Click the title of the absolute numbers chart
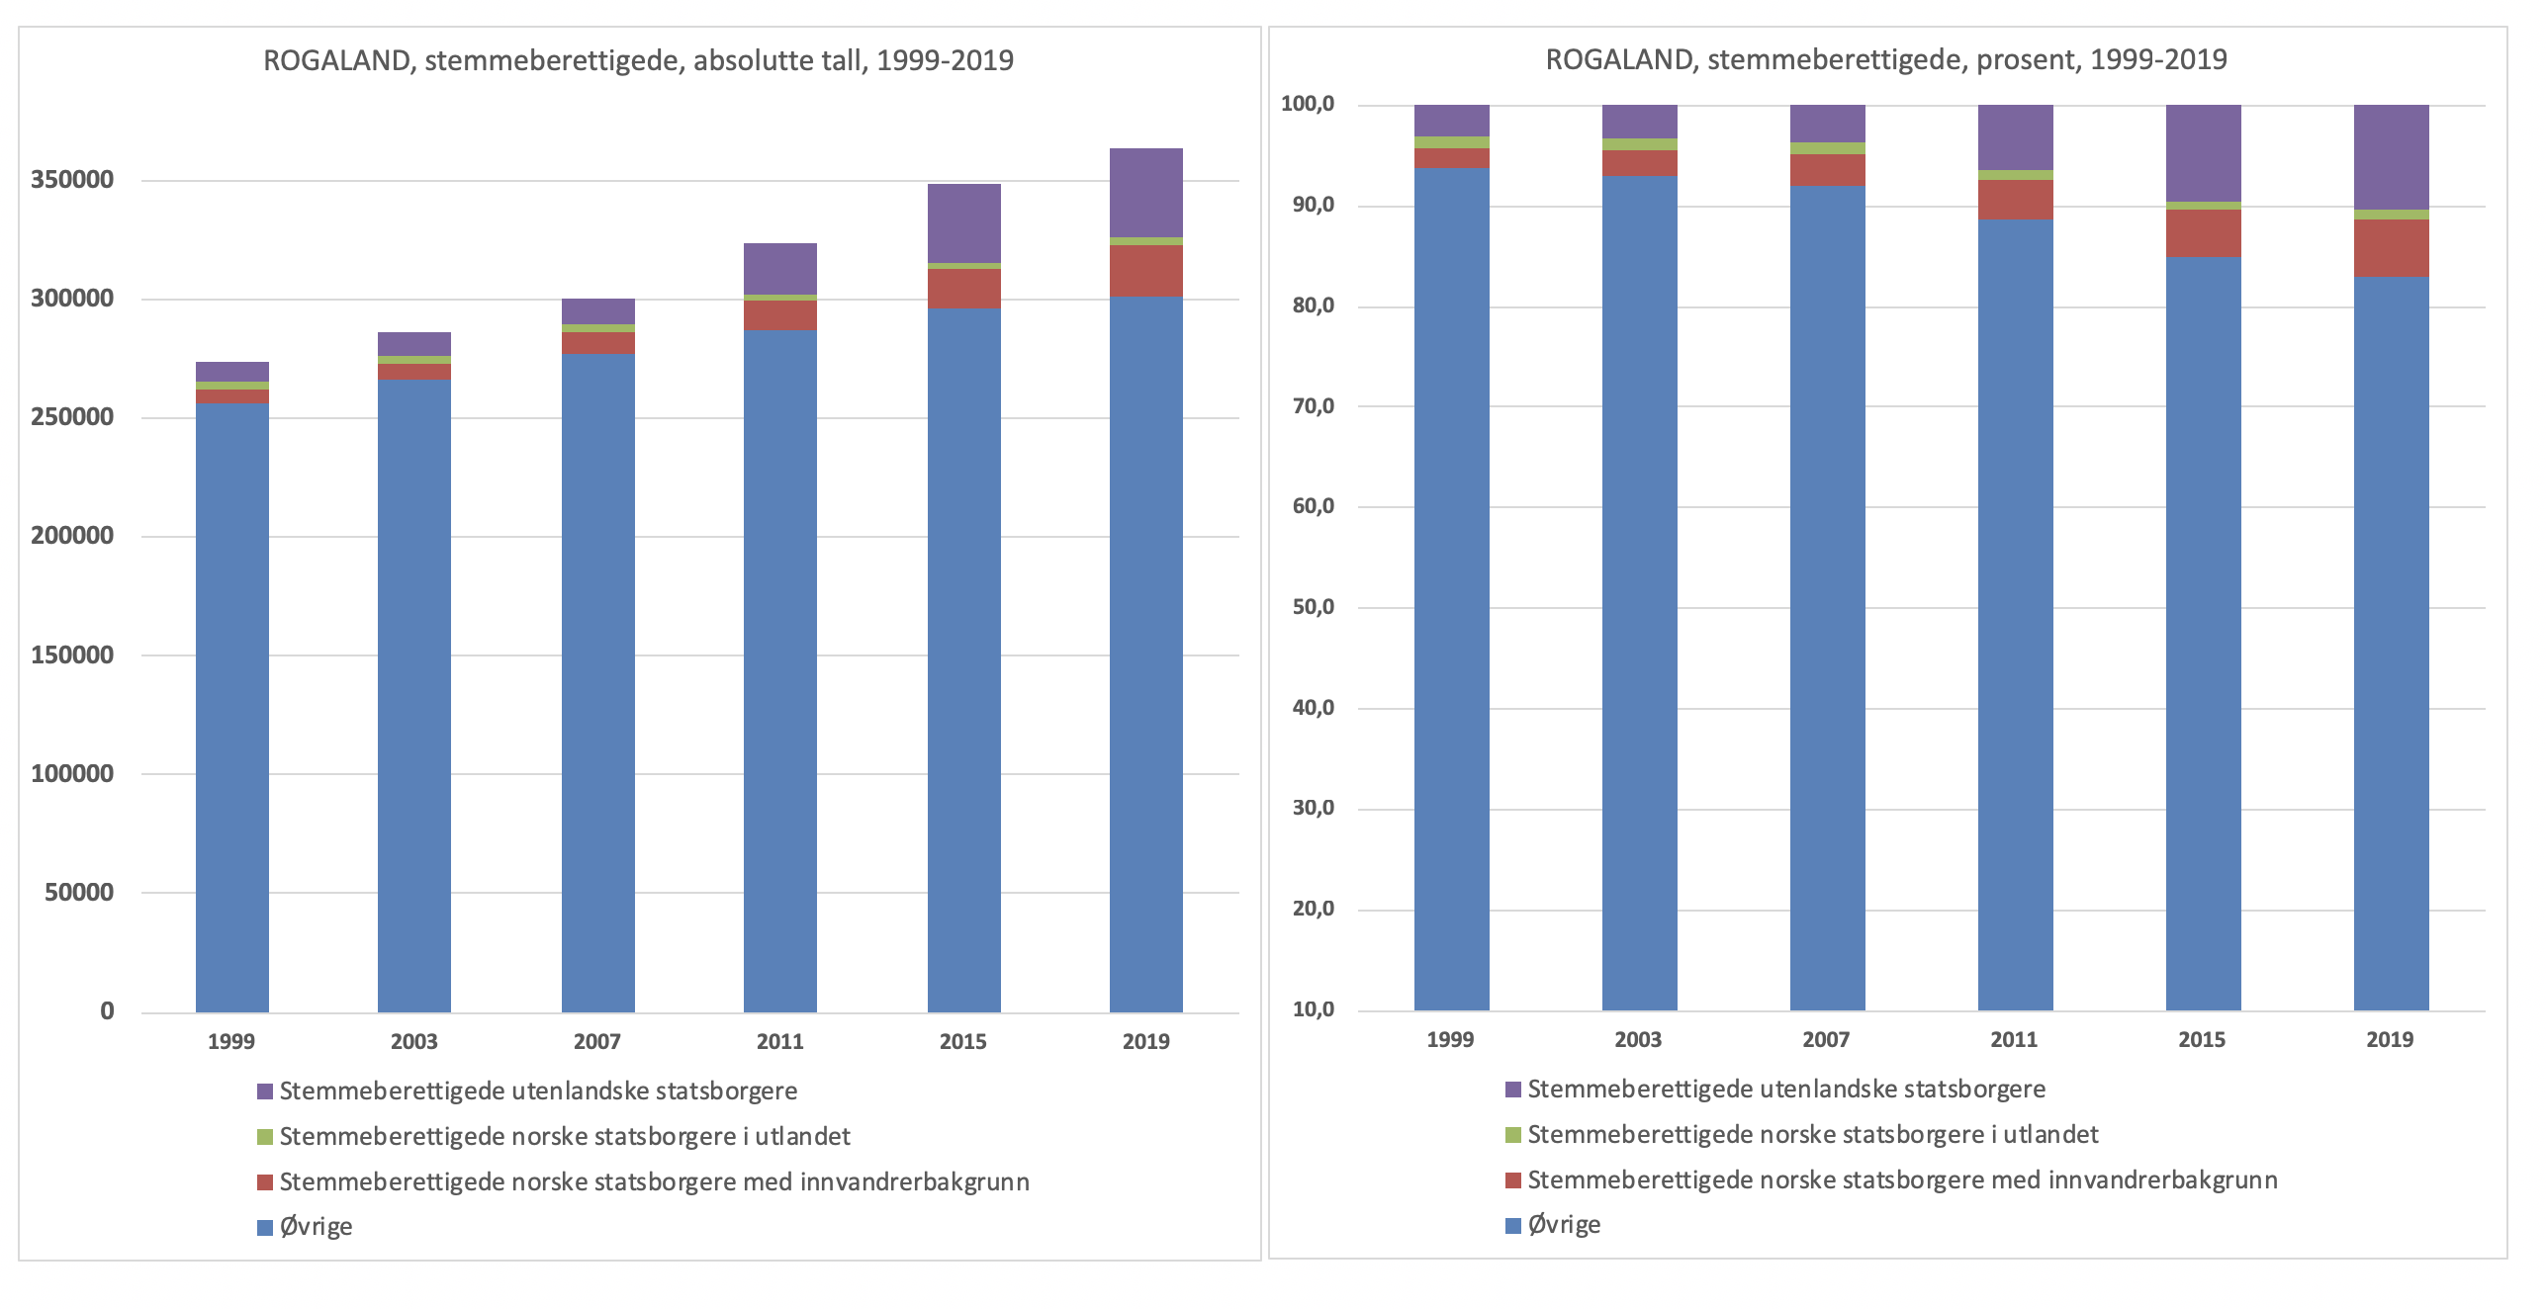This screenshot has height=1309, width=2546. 638,61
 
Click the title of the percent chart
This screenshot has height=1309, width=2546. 1886,59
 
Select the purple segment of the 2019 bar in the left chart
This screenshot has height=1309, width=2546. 1145,193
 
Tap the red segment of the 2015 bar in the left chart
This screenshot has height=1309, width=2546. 963,289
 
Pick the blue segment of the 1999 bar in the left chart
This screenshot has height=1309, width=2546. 232,707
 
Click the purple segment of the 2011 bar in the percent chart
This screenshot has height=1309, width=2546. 2015,137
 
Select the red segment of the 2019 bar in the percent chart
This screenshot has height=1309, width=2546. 2391,248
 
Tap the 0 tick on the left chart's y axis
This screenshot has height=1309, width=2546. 107,1011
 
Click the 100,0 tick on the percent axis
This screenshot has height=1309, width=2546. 1308,105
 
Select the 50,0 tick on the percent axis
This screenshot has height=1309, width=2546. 1313,607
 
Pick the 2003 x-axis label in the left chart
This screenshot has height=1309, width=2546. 414,1041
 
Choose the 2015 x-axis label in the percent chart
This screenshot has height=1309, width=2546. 2203,1039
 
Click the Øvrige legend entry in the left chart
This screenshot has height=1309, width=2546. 316,1227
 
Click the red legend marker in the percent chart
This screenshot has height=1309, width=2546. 1513,1180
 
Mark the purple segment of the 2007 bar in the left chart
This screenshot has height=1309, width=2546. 597,311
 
